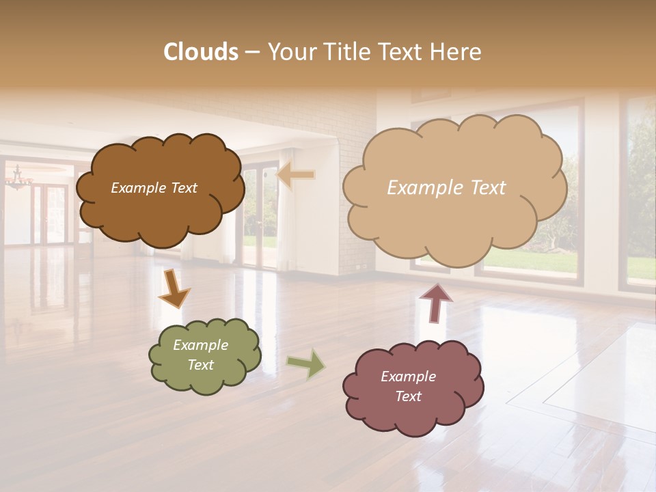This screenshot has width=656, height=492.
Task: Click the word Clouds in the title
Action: pyautogui.click(x=201, y=52)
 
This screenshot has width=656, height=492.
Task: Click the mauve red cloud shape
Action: pyautogui.click(x=413, y=417)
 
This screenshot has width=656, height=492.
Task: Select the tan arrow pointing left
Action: pyautogui.click(x=295, y=176)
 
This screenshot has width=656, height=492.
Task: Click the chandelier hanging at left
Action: pyautogui.click(x=18, y=179)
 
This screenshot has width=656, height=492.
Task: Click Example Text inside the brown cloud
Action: pyautogui.click(x=154, y=188)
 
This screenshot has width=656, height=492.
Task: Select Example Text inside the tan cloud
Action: pyautogui.click(x=446, y=188)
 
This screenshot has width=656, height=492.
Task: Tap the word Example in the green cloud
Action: pyautogui.click(x=200, y=345)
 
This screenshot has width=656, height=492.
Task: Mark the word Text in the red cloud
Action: pyautogui.click(x=408, y=396)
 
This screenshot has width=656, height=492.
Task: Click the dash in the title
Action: pyautogui.click(x=251, y=53)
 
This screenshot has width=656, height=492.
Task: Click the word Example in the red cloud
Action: pyautogui.click(x=408, y=377)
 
